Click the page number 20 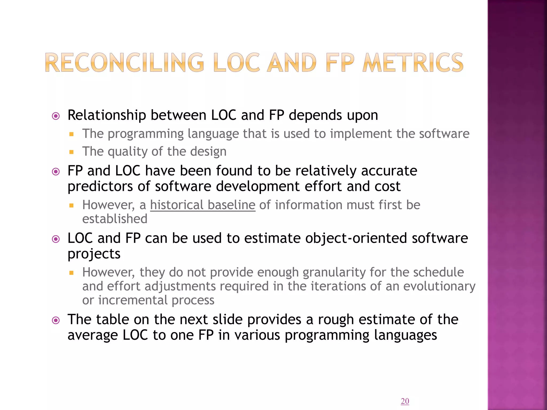coord(405,401)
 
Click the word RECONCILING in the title coord(124,63)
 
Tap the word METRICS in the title coord(413,63)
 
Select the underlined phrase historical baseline coord(203,205)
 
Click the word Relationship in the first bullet coord(107,115)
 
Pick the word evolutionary coord(439,286)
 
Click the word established coord(115,219)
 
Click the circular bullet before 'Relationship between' coord(56,116)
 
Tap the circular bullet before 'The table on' coord(56,320)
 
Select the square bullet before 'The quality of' coord(71,152)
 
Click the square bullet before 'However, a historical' coord(71,206)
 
